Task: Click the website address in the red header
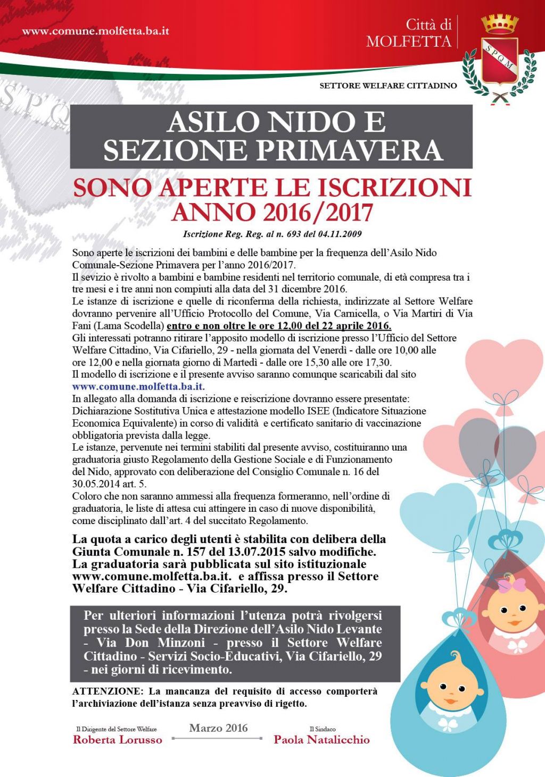(96, 31)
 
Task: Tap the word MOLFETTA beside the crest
(409, 42)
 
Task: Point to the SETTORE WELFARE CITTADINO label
(388, 86)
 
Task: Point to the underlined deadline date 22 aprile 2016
(352, 326)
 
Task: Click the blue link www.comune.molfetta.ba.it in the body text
(138, 386)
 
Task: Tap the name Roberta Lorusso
(118, 740)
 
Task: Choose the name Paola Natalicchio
(321, 740)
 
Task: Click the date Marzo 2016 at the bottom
(218, 728)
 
